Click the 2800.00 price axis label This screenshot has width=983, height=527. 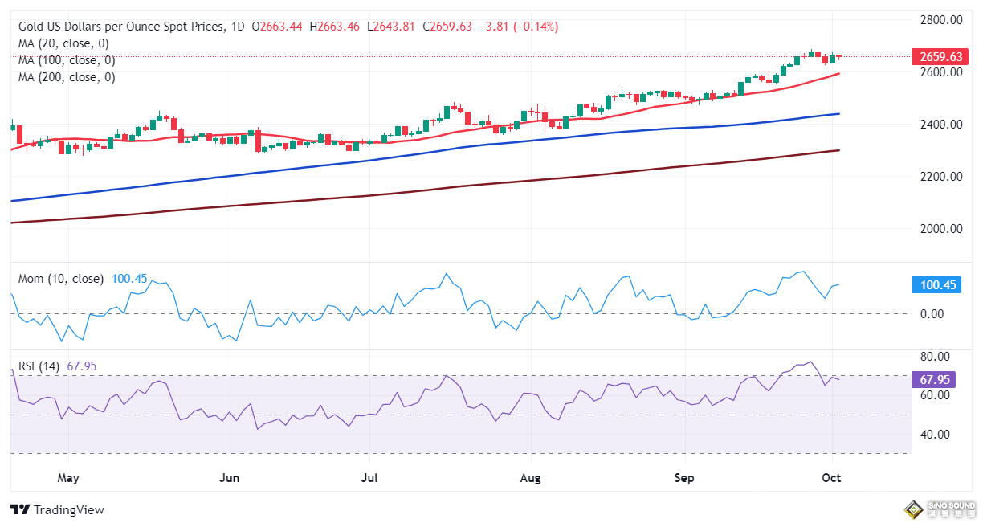(941, 19)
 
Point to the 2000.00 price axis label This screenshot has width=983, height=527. (941, 229)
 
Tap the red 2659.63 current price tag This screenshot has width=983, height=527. (936, 56)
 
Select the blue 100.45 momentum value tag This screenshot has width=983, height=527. (936, 285)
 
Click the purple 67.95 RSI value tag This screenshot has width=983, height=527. (936, 379)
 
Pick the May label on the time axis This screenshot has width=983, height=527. (68, 479)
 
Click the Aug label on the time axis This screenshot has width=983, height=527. (530, 479)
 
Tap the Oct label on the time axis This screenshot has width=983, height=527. (831, 479)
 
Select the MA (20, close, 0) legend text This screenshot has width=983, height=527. (63, 43)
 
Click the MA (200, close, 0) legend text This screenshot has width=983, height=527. (67, 77)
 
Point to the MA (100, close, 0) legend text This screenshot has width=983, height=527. (67, 60)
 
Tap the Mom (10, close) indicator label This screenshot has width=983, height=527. (61, 279)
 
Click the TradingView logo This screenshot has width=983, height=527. (57, 509)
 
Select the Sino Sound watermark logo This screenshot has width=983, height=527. (937, 509)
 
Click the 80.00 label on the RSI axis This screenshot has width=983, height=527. (935, 357)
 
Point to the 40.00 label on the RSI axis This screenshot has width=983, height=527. (935, 435)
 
